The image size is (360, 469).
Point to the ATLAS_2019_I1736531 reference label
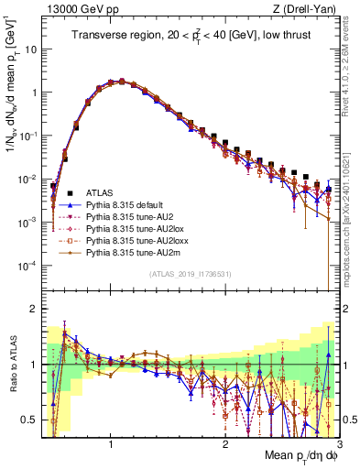(x=190, y=274)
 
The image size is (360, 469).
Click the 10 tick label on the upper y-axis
(x=28, y=49)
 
